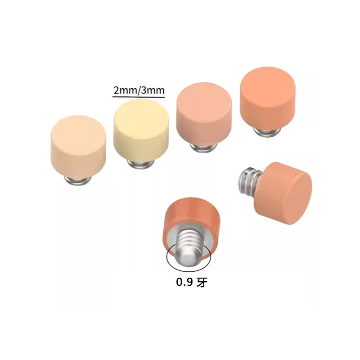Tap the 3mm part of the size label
[x=153, y=90]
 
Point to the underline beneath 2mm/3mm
[x=139, y=97]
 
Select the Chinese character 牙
[x=202, y=282]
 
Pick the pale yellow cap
[x=141, y=130]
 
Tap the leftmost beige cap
[x=78, y=147]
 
